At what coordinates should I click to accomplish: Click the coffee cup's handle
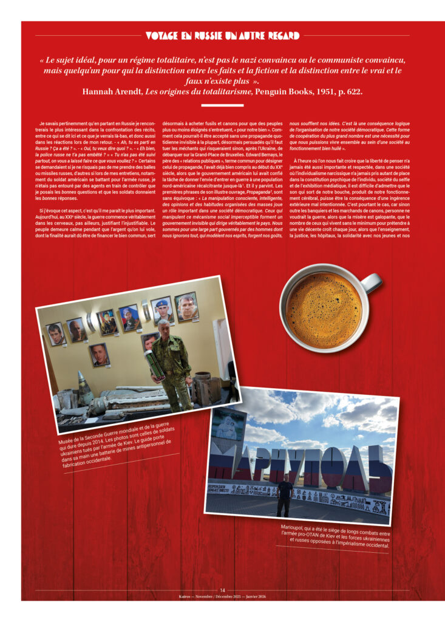(x=372, y=282)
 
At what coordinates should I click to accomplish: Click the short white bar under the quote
(x=222, y=104)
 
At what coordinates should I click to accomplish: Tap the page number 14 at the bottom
(x=222, y=590)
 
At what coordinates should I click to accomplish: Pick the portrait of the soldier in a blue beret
(x=162, y=309)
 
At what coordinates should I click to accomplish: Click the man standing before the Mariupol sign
(x=284, y=495)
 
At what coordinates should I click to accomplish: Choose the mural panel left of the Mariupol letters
(x=227, y=426)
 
